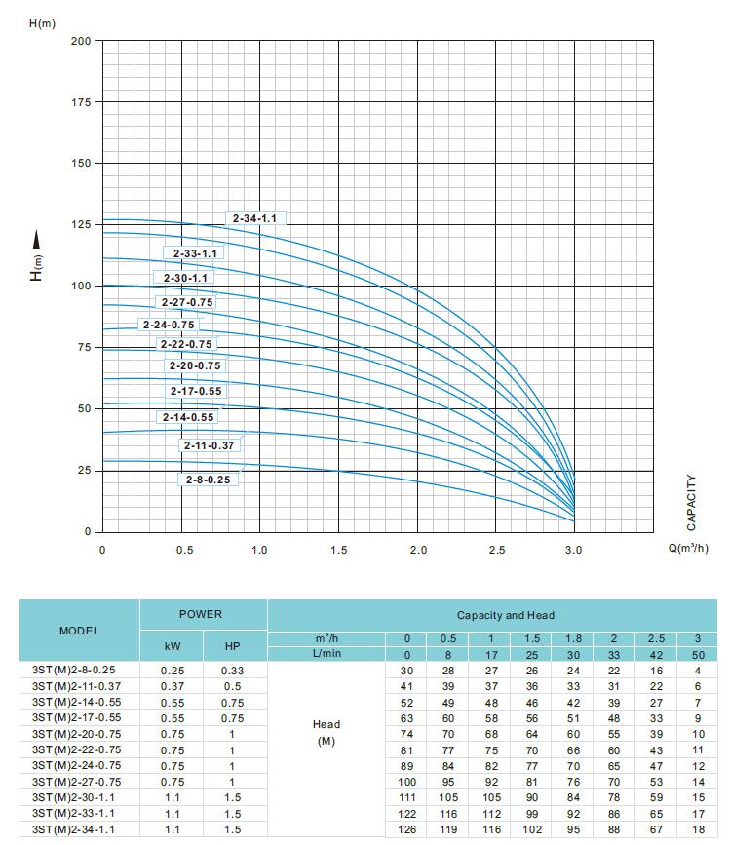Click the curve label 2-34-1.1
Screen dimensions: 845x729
255,219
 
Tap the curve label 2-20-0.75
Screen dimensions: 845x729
195,366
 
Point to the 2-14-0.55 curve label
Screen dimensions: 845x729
188,417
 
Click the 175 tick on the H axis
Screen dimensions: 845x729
81,102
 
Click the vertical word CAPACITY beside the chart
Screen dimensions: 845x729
692,503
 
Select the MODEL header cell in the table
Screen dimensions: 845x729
80,631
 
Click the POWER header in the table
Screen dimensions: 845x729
201,615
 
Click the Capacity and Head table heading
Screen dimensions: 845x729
506,616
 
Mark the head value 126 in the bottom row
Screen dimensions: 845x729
406,829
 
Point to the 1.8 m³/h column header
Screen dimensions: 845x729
573,638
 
